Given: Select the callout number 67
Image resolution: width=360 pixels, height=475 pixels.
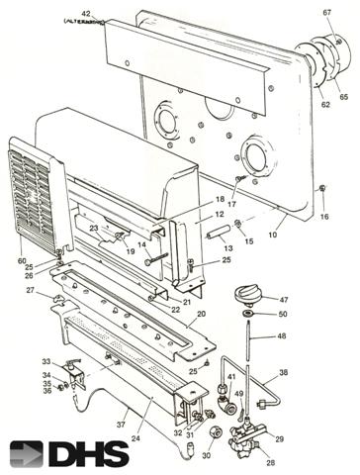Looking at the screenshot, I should (x=326, y=13).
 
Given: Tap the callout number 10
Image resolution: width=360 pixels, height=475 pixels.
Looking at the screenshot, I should (x=273, y=237).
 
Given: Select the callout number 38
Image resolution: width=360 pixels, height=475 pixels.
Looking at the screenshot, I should (x=283, y=373).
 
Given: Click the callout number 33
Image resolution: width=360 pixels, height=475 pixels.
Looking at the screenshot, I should (x=45, y=361).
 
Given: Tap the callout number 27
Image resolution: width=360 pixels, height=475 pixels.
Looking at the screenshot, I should (x=31, y=290).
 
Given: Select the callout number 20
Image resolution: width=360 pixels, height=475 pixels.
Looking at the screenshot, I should (x=201, y=314).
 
